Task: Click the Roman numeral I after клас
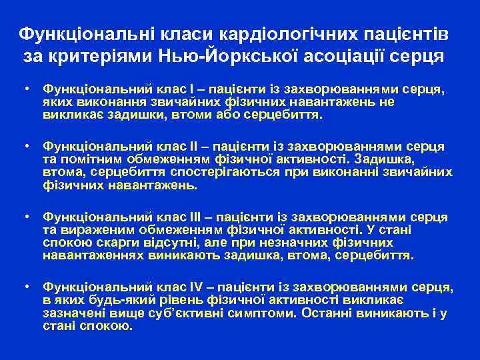(191, 89)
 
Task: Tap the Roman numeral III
(195, 217)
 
